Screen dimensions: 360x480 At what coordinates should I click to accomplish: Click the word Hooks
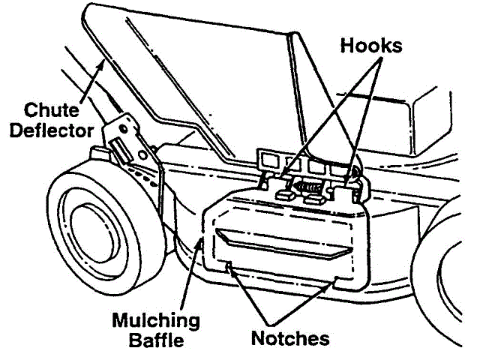click(371, 44)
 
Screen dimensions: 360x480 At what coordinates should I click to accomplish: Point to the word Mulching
click(155, 321)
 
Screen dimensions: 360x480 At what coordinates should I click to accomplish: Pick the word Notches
click(291, 338)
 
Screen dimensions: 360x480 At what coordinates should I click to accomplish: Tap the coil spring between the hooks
click(304, 185)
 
